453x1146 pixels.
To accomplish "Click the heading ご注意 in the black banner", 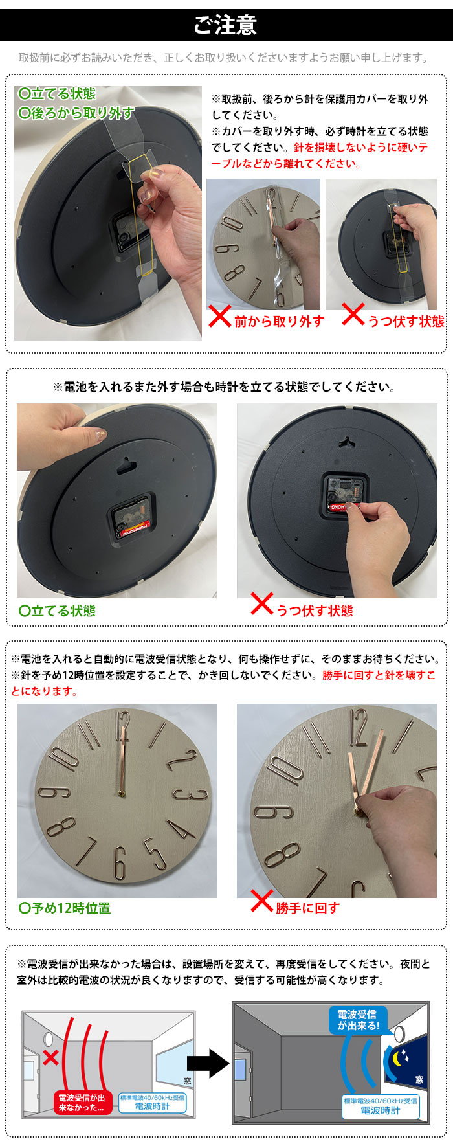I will tap(226, 25).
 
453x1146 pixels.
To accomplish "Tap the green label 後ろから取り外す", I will tap(76, 113).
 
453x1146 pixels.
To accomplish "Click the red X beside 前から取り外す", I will tap(219, 317).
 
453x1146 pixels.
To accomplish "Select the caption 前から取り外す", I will tap(279, 321).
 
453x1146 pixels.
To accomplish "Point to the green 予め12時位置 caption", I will tap(65, 908).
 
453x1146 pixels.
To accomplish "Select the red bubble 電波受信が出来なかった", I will tap(82, 1103).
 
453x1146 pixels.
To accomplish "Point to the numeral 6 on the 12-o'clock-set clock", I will tap(119, 863).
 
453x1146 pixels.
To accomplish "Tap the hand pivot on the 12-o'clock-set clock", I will tap(122, 794).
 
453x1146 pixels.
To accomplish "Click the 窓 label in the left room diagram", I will tap(188, 1081).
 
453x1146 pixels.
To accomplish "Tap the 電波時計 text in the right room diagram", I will tap(381, 1110).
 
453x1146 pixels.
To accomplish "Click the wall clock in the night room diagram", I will tap(400, 1032).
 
